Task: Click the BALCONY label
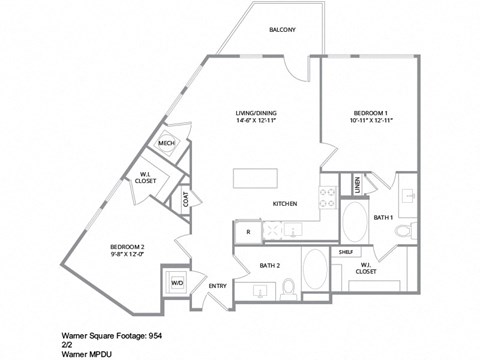pos(281,30)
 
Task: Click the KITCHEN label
pos(287,203)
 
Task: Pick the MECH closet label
pos(166,144)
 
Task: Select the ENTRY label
pos(217,287)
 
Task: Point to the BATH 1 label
pos(384,217)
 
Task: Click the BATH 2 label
pos(268,265)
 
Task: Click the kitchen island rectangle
pos(257,178)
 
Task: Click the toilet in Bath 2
pos(288,288)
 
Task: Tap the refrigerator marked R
pos(247,231)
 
